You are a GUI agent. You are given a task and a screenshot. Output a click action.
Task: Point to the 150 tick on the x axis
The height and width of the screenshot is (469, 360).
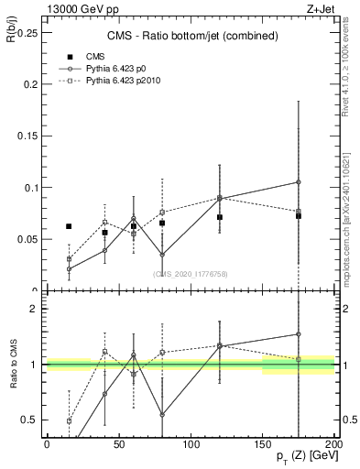[x=263, y=444]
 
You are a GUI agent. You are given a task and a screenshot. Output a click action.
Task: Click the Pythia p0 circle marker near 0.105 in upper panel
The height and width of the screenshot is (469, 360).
[x=299, y=182]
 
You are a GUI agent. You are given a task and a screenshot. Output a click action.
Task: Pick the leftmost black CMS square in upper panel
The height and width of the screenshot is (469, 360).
[x=69, y=226]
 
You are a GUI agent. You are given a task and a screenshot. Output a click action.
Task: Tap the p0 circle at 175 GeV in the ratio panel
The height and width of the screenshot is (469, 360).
[x=299, y=334]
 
